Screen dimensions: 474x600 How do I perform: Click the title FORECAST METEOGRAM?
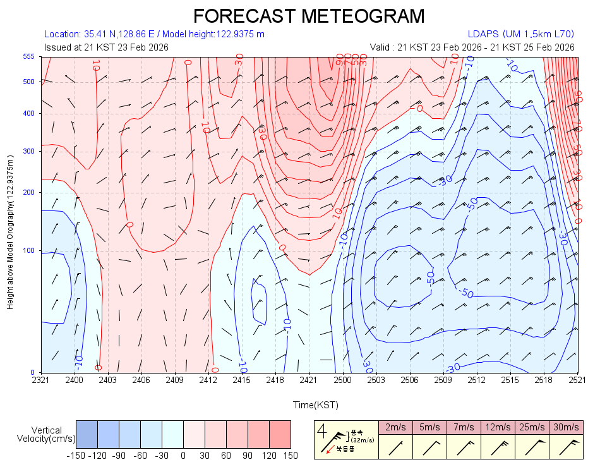click(308, 15)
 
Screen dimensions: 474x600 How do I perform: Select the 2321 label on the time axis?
click(41, 380)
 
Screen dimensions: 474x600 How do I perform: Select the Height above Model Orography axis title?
click(11, 233)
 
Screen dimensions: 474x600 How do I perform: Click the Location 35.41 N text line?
click(154, 34)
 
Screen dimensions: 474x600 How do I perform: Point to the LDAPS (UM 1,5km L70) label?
click(520, 34)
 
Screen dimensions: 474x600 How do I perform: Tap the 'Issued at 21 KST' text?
click(106, 47)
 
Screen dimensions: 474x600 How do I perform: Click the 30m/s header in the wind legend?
click(566, 427)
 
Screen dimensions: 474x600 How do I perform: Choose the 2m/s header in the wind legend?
click(395, 427)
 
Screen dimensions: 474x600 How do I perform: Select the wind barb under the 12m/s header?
click(498, 447)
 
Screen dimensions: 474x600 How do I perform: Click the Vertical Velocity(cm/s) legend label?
click(46, 434)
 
